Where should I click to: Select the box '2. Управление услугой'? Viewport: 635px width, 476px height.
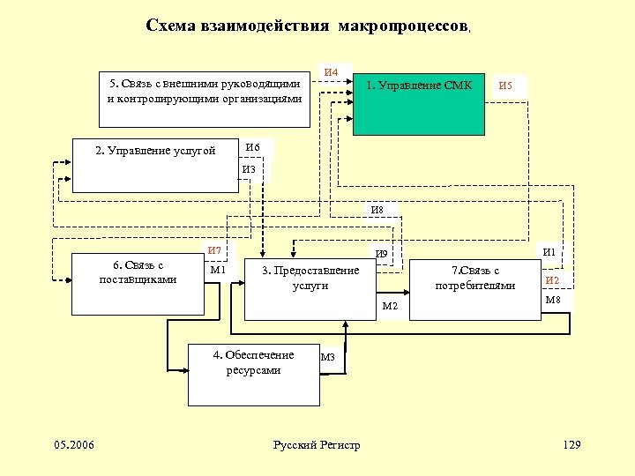click(155, 165)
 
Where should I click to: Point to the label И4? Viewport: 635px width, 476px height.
click(333, 71)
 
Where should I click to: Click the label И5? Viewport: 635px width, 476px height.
click(506, 86)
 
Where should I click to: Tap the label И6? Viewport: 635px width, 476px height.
click(252, 147)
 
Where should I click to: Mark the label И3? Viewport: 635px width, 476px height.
click(249, 169)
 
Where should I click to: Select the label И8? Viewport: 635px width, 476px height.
click(377, 210)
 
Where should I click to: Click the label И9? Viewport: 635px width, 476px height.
click(381, 255)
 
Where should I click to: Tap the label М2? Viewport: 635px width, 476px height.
click(390, 306)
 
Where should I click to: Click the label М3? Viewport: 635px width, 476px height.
click(328, 358)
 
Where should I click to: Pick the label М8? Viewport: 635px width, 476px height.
click(553, 300)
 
